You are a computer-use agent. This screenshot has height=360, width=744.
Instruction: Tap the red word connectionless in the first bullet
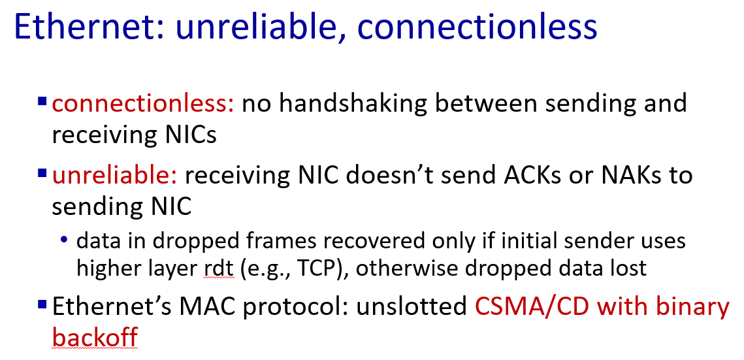tap(143, 103)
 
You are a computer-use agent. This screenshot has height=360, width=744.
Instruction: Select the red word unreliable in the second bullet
tap(114, 176)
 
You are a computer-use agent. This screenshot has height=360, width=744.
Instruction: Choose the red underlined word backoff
tap(95, 337)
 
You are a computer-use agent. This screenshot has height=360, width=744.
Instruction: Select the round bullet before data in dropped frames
tap(64, 241)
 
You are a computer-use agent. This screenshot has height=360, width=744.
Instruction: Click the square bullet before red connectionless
tap(42, 101)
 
